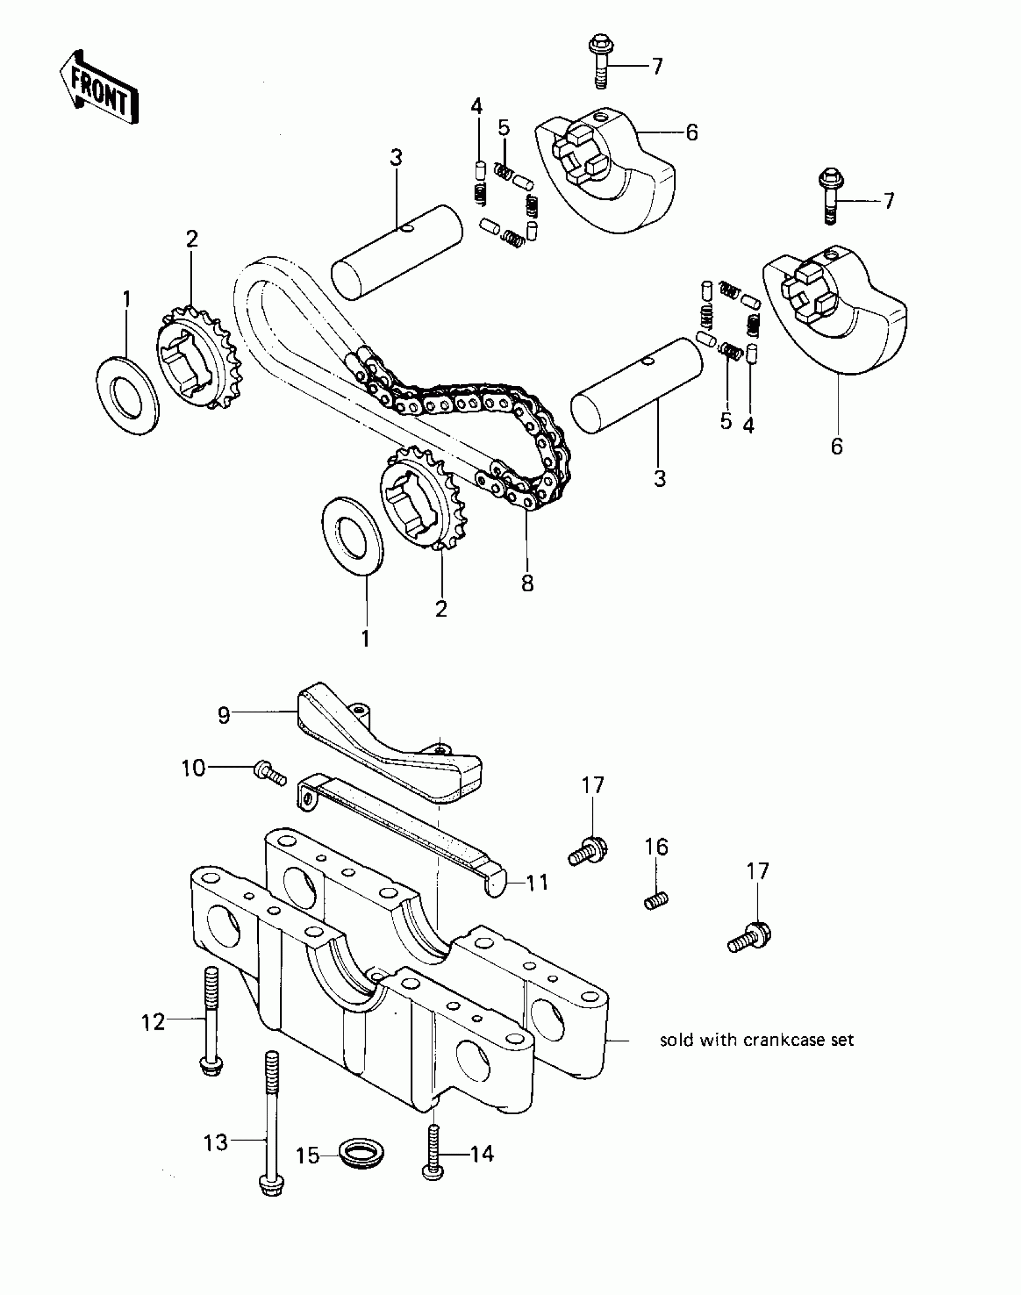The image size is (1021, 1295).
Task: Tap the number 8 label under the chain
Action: tap(527, 582)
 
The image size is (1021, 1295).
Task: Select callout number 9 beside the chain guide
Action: tap(223, 716)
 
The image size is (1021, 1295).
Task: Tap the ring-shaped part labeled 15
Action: tap(362, 1153)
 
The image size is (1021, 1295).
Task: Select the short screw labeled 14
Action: tap(432, 1153)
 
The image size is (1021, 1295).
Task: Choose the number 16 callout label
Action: tap(656, 847)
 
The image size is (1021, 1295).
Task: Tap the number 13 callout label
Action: tap(216, 1142)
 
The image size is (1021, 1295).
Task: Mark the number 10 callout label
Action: tap(193, 768)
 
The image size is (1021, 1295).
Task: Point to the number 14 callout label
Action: tap(482, 1153)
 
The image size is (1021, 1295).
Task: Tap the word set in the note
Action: tap(843, 1040)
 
